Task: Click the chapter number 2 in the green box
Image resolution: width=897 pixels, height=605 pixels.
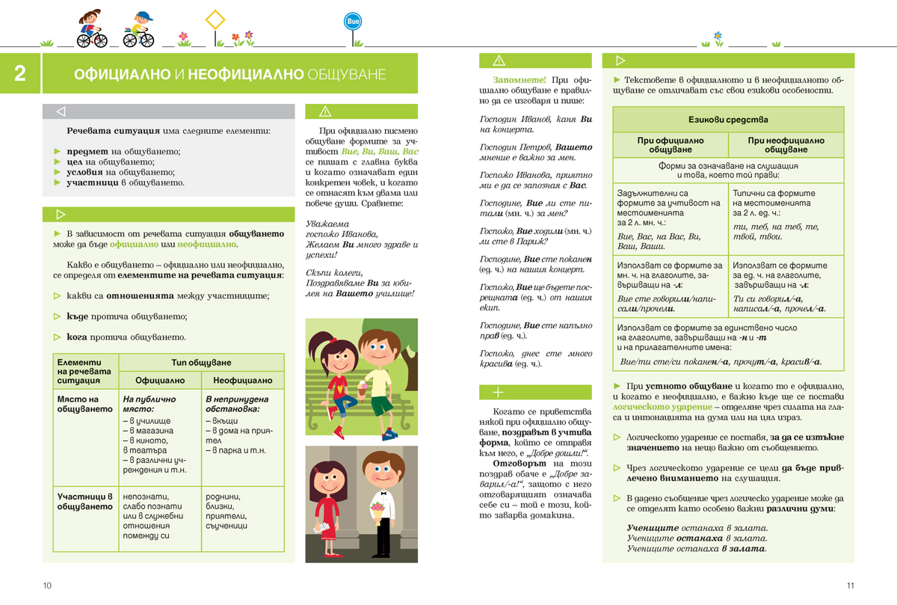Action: (x=20, y=73)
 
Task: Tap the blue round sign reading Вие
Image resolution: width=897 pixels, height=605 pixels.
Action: (x=353, y=22)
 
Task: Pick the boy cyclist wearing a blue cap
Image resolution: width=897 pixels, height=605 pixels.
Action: (x=139, y=28)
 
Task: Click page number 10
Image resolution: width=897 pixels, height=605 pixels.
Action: (x=47, y=586)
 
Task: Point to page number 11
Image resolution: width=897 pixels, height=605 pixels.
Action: (x=850, y=586)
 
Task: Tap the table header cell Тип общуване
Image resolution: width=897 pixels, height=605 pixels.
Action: (x=201, y=363)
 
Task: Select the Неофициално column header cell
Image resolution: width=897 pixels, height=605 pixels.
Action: (x=243, y=380)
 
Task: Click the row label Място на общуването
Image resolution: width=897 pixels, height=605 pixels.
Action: (x=78, y=405)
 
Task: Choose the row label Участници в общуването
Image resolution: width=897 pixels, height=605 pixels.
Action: (x=84, y=501)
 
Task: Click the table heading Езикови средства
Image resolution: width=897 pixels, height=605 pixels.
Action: (x=728, y=120)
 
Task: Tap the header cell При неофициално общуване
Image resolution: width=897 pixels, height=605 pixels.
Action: (x=786, y=145)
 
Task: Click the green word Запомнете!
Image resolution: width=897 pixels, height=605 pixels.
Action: (x=519, y=80)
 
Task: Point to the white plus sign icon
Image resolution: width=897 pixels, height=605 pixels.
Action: (x=499, y=393)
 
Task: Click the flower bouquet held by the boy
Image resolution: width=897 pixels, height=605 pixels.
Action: (x=377, y=509)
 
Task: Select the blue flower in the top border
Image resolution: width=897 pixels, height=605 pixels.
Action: (x=718, y=35)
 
